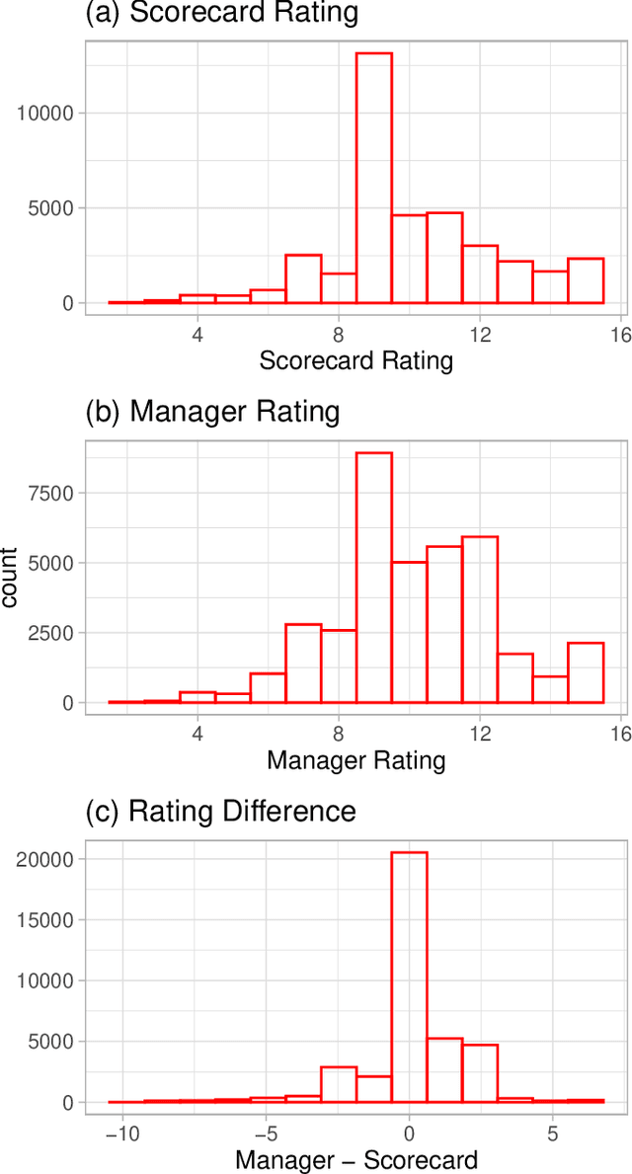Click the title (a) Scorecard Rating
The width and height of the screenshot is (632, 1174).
(x=222, y=15)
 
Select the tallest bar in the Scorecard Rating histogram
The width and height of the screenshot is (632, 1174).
(x=374, y=178)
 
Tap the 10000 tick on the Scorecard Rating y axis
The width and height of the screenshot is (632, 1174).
(x=46, y=113)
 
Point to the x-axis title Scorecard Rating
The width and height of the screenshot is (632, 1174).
(x=355, y=360)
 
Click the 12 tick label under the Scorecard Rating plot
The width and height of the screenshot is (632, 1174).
(x=480, y=333)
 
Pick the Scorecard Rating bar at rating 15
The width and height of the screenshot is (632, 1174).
(x=586, y=280)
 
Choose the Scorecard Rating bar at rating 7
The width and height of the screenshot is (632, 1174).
(x=303, y=278)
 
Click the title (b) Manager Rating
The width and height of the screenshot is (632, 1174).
(x=213, y=412)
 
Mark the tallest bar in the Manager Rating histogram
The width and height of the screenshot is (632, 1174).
(x=374, y=578)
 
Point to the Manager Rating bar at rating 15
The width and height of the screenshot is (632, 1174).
(x=586, y=672)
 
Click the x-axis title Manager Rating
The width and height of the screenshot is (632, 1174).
(x=355, y=760)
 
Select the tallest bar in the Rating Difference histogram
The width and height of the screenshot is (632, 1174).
(x=410, y=978)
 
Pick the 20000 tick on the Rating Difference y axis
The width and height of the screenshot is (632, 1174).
(x=46, y=859)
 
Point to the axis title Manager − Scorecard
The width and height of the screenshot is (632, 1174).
(x=355, y=1159)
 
